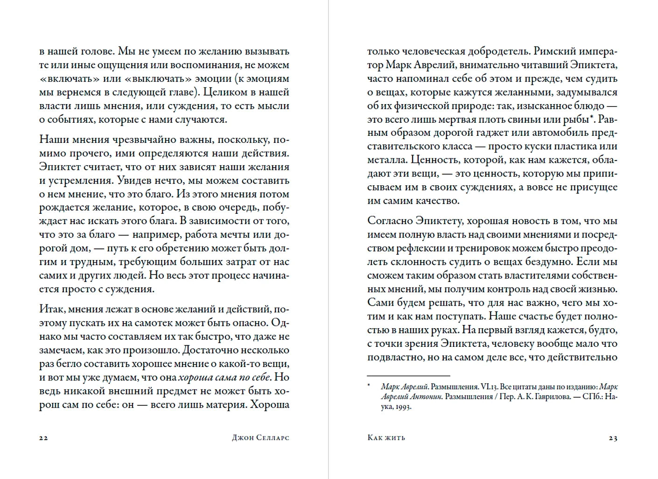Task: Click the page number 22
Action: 43,438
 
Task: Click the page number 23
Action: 613,438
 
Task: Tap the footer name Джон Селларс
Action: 260,438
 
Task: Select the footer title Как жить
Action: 386,438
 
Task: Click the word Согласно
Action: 390,221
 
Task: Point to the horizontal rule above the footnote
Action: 408,375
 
